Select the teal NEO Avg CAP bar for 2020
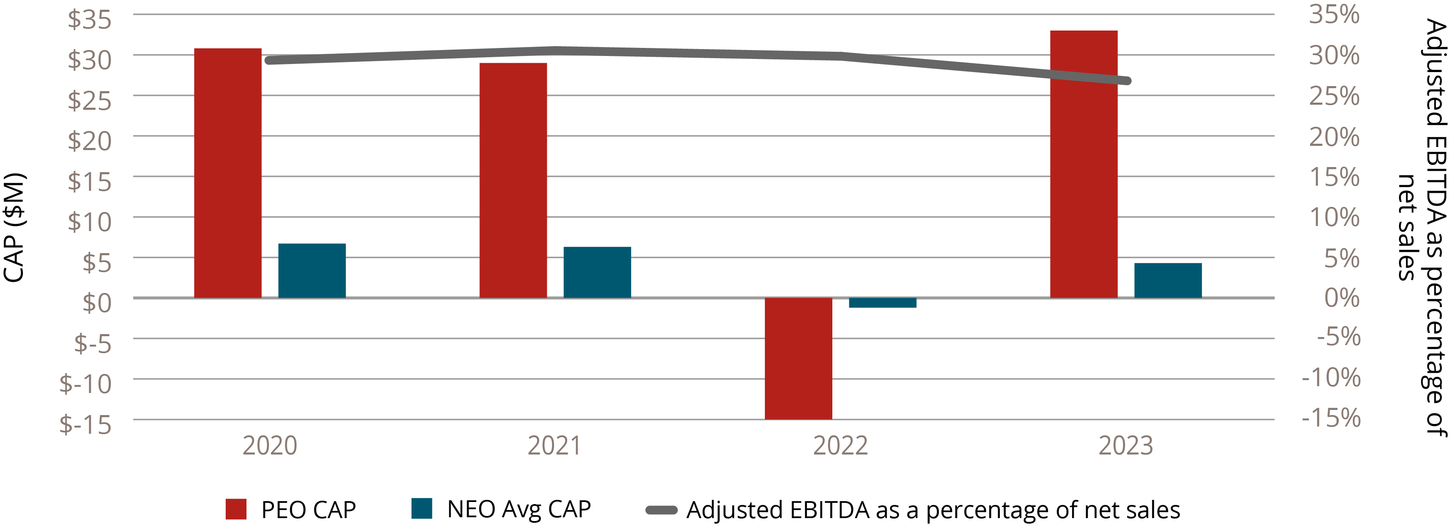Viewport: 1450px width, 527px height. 312,270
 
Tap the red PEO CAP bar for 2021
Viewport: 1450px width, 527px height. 513,181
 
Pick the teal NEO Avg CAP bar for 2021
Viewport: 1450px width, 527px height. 597,272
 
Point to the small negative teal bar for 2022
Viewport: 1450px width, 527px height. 883,303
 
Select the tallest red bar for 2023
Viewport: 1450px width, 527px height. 1083,164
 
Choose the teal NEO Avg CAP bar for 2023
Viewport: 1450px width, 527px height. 1168,280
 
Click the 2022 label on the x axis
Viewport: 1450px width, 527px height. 840,446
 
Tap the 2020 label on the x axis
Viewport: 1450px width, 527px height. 270,446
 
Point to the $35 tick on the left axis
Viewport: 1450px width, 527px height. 90,19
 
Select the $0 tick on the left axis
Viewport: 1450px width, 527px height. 97,303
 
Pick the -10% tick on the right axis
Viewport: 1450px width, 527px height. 1331,377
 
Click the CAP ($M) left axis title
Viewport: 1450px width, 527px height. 14,228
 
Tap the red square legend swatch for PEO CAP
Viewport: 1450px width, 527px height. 236,509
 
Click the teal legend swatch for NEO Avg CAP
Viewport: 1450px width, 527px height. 422,508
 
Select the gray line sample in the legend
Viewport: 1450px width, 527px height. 661,510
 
